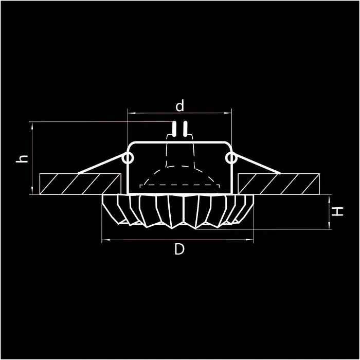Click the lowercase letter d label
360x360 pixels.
tap(179, 106)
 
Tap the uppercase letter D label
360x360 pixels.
tap(179, 249)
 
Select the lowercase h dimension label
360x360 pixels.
tap(22, 158)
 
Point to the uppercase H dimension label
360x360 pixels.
tap(337, 211)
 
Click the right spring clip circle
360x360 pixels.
tap(232, 158)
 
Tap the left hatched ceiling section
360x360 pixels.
tap(80, 184)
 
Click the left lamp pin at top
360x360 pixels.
tap(175, 129)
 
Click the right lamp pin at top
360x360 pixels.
tap(184, 129)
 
